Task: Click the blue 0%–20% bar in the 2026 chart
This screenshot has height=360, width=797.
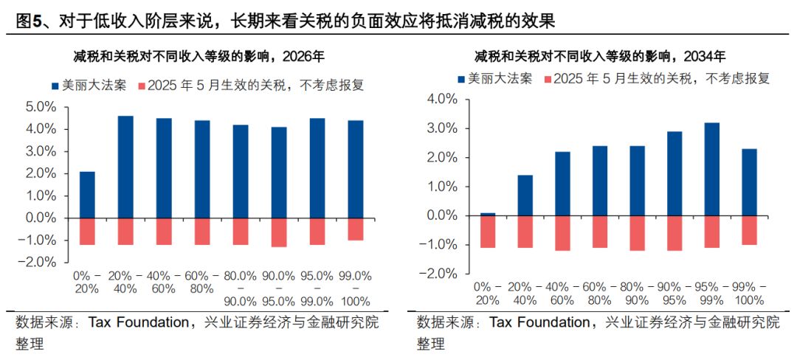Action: click(87, 195)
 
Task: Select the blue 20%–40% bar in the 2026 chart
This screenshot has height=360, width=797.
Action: click(125, 167)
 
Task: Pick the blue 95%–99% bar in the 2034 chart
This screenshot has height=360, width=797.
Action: click(711, 169)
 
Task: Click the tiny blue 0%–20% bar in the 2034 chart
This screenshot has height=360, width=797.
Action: click(487, 214)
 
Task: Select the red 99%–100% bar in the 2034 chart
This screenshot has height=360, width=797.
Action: click(749, 230)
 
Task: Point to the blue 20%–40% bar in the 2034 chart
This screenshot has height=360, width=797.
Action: click(525, 195)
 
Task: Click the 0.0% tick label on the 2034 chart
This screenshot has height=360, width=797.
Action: click(442, 216)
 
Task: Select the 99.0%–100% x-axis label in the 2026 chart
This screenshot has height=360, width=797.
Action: click(355, 288)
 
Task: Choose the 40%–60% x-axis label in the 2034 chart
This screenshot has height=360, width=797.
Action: click(562, 293)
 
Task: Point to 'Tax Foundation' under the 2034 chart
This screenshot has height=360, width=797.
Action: click(539, 323)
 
